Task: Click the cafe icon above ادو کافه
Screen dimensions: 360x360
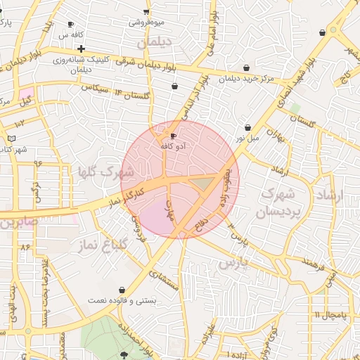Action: (x=174, y=136)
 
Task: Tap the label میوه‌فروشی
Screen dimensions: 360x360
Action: (x=146, y=22)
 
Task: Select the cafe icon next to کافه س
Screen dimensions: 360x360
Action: (x=70, y=25)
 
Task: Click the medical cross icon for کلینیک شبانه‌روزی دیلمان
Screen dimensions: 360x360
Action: (x=82, y=49)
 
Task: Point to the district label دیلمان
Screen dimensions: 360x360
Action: (x=154, y=43)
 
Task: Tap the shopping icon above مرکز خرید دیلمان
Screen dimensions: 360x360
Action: (x=246, y=67)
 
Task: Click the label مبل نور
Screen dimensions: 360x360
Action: (x=247, y=138)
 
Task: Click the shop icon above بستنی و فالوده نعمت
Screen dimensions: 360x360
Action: (x=122, y=290)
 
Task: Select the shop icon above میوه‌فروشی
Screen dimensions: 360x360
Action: (x=146, y=11)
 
